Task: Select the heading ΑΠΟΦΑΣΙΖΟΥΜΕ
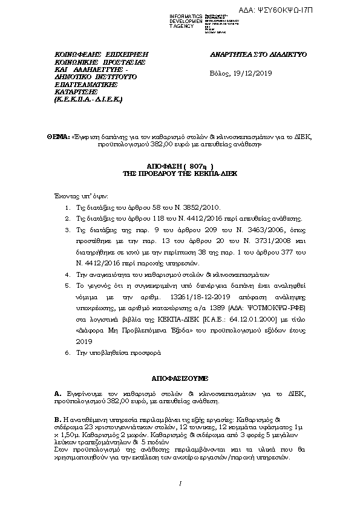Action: [x=180, y=377]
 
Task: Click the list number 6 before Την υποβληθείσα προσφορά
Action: [x=67, y=352]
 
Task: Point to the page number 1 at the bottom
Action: [x=180, y=484]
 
